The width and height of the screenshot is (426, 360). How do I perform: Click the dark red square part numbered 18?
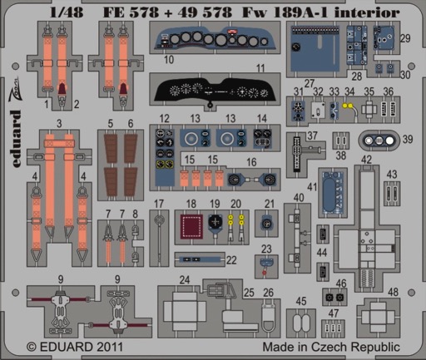(x=191, y=226)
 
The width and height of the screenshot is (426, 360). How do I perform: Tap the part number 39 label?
(x=408, y=139)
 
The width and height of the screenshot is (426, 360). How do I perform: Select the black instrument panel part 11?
(x=215, y=91)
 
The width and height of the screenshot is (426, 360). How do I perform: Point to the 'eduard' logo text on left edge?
(x=17, y=139)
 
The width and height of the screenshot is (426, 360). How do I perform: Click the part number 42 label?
(x=366, y=160)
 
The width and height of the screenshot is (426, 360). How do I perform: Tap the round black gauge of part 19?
(x=215, y=221)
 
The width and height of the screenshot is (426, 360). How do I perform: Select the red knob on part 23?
(x=265, y=274)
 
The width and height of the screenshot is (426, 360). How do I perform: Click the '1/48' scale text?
(x=67, y=12)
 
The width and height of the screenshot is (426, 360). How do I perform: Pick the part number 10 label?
(x=169, y=59)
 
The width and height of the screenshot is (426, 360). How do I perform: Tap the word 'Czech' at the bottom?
(x=329, y=347)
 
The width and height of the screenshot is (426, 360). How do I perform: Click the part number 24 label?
(x=185, y=280)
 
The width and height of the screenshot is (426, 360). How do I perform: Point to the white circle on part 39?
(x=389, y=141)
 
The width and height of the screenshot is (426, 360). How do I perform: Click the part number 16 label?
(x=251, y=162)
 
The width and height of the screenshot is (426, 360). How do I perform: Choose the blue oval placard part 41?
(x=333, y=194)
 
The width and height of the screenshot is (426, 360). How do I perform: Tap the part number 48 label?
(x=394, y=292)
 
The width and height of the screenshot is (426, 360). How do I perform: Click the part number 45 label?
(x=301, y=301)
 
